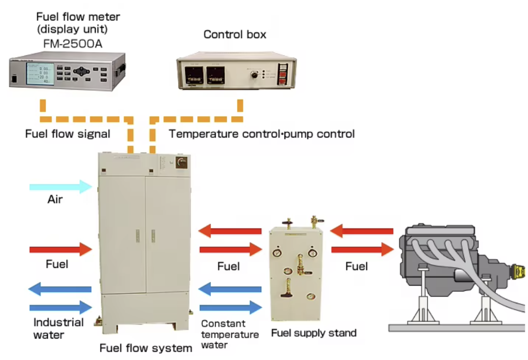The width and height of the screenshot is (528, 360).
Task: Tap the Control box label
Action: click(x=235, y=34)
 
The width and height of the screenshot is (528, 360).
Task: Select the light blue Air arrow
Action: click(x=60, y=187)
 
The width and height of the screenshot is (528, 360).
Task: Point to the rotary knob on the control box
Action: click(x=254, y=74)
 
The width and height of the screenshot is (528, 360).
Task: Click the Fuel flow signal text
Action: click(x=67, y=134)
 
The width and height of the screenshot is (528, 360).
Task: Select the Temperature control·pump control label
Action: click(x=261, y=134)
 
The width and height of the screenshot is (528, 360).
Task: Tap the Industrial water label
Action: click(x=58, y=328)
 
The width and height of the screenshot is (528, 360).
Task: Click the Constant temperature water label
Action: click(x=230, y=334)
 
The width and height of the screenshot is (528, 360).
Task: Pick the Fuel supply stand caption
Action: click(x=314, y=333)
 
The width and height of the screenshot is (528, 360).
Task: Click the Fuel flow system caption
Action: click(x=145, y=348)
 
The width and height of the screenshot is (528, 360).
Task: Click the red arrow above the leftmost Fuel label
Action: click(x=60, y=249)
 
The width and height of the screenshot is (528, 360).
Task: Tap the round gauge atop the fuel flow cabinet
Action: click(x=182, y=162)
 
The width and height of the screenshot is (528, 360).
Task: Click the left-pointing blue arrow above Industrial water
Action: click(x=60, y=289)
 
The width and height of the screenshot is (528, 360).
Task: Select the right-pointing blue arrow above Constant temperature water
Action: click(x=231, y=307)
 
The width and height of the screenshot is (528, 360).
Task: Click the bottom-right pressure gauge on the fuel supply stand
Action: click(x=309, y=296)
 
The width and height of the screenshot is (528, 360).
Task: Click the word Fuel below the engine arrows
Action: click(x=356, y=266)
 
